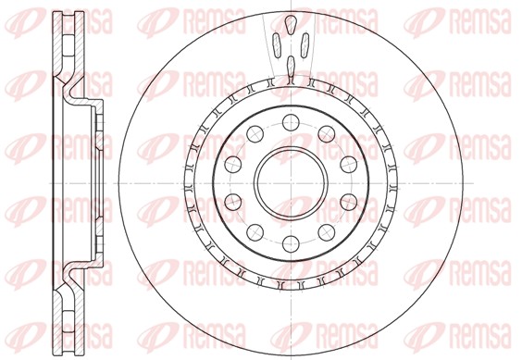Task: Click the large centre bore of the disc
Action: pyautogui.click(x=290, y=181)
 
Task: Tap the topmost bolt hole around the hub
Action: pyautogui.click(x=290, y=120)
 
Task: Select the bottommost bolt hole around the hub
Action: pyautogui.click(x=290, y=243)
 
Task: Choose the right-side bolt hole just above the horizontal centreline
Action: pyautogui.click(x=348, y=163)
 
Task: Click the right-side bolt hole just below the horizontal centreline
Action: pyautogui.click(x=348, y=201)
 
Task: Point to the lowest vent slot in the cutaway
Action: pyautogui.click(x=290, y=64)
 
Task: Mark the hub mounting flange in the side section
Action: pyautogui.click(x=97, y=181)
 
